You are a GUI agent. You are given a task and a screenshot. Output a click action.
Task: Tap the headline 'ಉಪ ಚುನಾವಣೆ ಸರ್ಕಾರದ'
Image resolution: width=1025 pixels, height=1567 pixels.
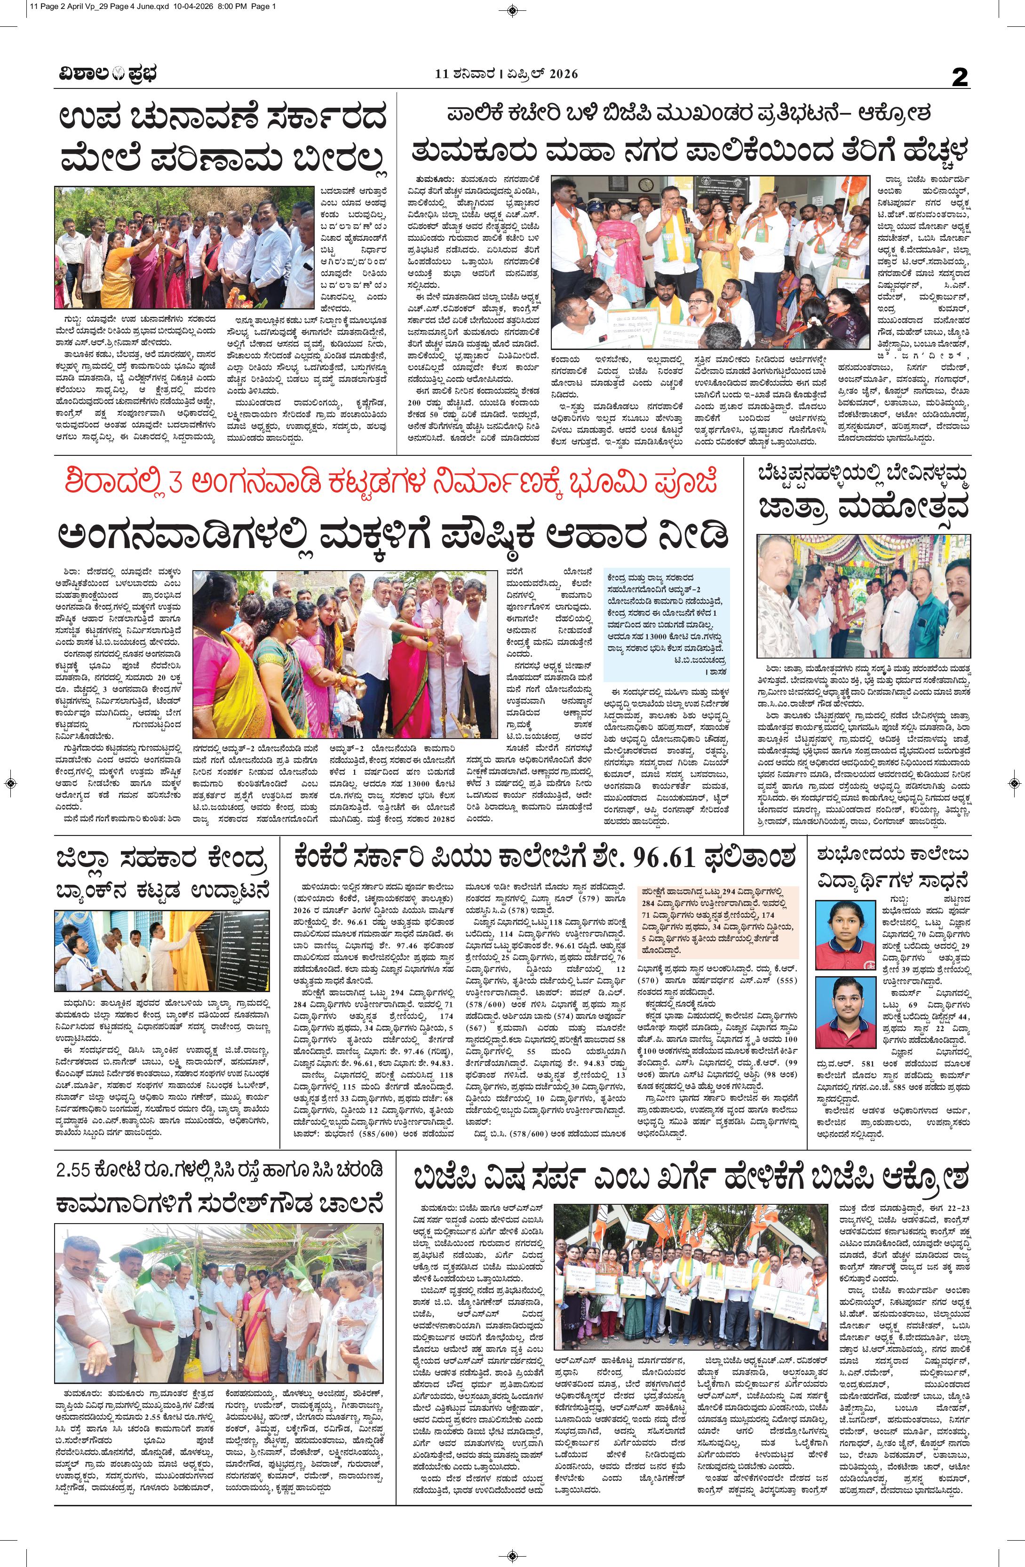(x=222, y=120)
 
